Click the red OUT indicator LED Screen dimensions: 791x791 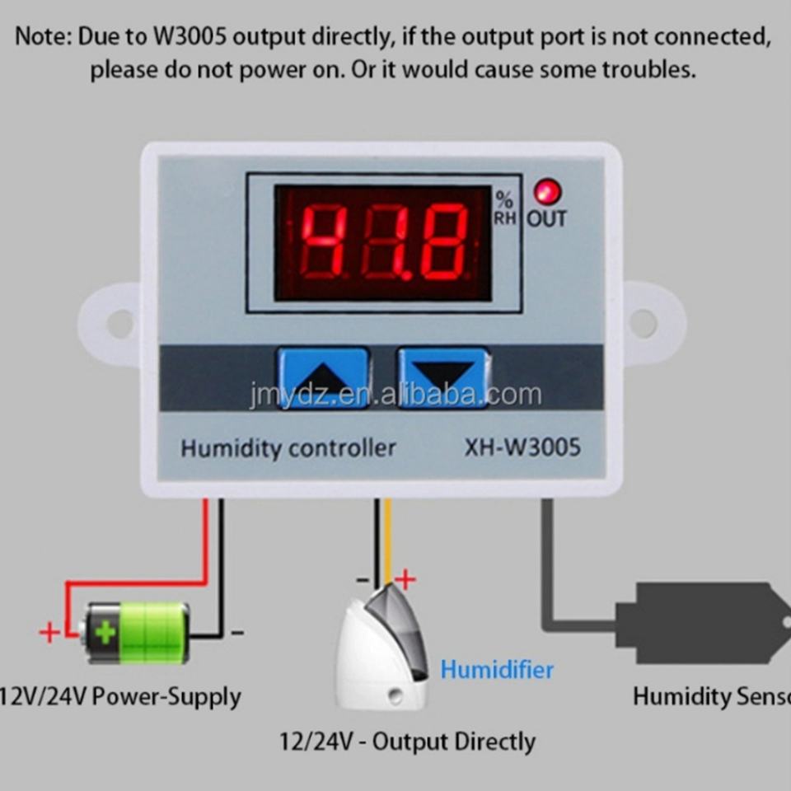tap(547, 192)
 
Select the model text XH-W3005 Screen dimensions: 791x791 tap(522, 447)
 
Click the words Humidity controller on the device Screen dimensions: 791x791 tap(288, 448)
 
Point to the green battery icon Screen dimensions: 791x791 tap(137, 632)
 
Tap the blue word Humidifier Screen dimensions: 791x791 tap(497, 669)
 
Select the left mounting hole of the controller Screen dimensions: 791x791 tap(119, 323)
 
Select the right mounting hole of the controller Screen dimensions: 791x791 tap(644, 323)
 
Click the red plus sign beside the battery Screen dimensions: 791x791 tap(49, 633)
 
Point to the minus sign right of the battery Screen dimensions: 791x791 tap(236, 633)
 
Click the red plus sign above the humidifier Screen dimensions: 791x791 tap(405, 579)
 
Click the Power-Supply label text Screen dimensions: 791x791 tap(167, 697)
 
